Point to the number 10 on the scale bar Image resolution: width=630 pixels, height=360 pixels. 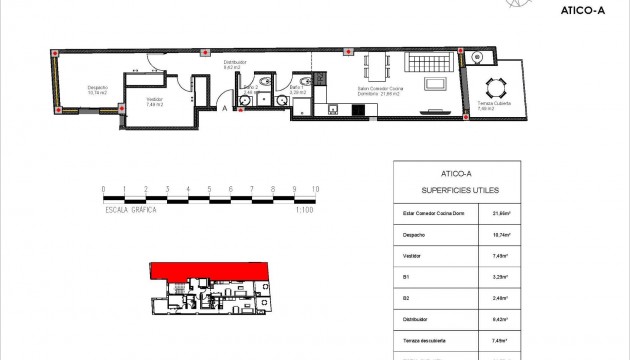tap(316, 188)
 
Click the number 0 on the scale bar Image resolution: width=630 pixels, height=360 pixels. tap(103, 188)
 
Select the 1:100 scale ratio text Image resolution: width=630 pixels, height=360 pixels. tap(305, 211)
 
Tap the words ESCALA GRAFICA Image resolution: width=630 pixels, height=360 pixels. tap(132, 211)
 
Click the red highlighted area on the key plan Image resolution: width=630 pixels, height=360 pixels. tap(210, 269)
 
